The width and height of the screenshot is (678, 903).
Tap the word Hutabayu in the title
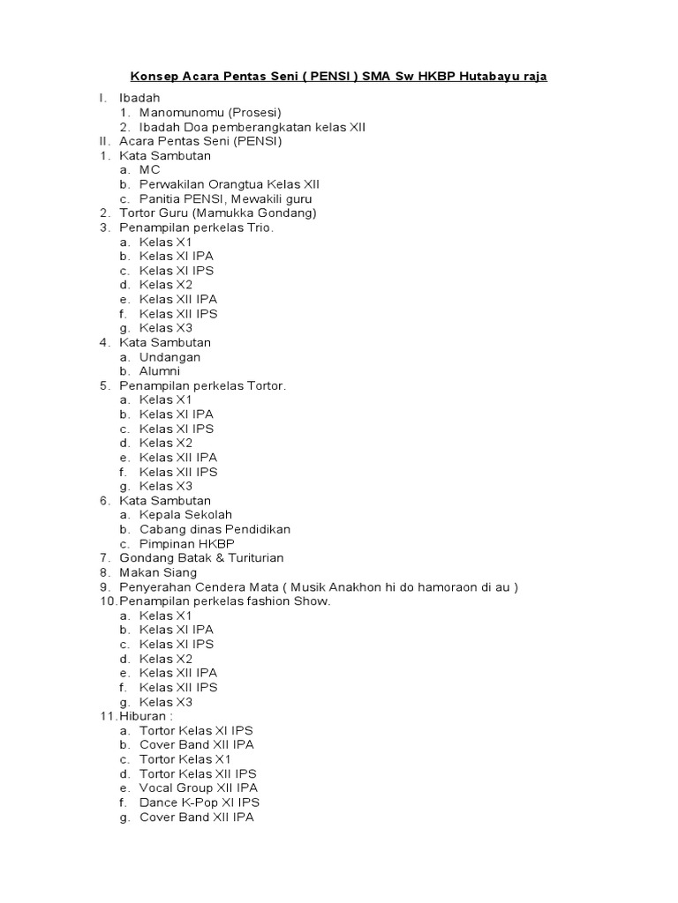click(489, 77)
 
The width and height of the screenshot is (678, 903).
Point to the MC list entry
click(150, 170)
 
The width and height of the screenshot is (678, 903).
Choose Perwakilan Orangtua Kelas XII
click(230, 184)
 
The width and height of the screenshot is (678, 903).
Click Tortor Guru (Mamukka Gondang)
click(218, 213)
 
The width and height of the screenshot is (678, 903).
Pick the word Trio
click(261, 228)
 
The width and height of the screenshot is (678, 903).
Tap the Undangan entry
click(169, 357)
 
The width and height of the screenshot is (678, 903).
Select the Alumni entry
click(160, 371)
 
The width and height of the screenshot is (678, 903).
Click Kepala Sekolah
click(185, 515)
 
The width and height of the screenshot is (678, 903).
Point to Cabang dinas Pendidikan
click(215, 529)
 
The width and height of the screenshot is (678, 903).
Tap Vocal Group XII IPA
click(199, 787)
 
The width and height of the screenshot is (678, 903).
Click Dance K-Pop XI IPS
click(200, 802)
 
